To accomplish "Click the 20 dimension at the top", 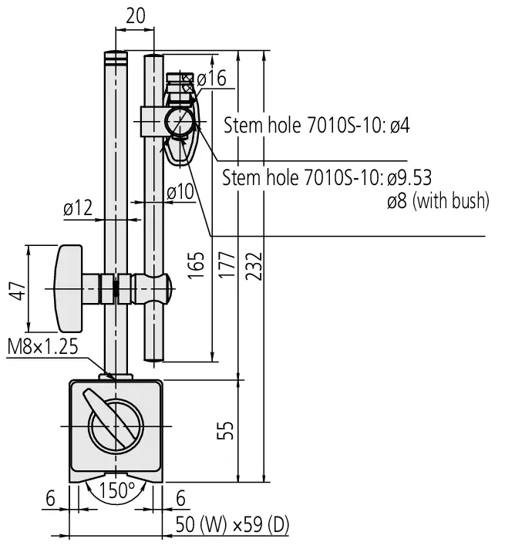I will [x=135, y=15].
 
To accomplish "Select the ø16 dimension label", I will [x=211, y=79].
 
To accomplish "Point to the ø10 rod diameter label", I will [x=181, y=193].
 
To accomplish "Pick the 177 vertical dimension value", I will [x=225, y=267].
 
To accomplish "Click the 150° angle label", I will [x=117, y=491].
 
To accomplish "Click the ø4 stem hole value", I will [x=399, y=125].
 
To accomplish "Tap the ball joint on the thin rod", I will [x=152, y=288].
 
